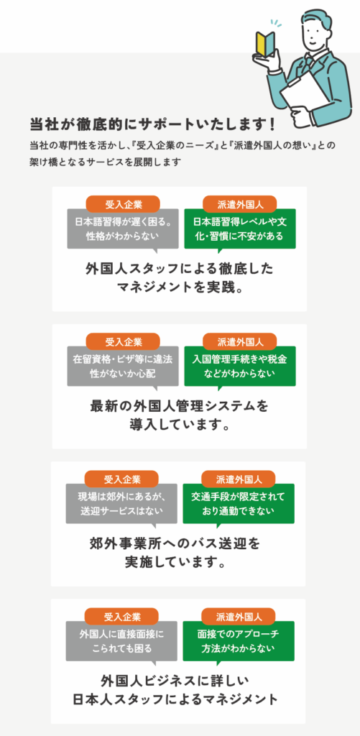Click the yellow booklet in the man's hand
(264, 45)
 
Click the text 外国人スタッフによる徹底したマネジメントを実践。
(180, 277)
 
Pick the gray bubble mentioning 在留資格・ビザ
(123, 367)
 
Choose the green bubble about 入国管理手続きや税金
(240, 367)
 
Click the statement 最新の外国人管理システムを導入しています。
(180, 415)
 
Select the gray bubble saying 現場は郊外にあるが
(121, 504)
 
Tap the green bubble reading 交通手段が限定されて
(239, 504)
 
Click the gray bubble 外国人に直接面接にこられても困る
(121, 642)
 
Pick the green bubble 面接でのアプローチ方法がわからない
(239, 642)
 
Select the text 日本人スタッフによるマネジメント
(175, 699)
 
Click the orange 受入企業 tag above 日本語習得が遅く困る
(124, 204)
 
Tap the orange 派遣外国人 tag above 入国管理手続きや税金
(240, 341)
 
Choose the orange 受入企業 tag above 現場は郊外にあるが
(122, 479)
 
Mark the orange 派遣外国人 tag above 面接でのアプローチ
(239, 617)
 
